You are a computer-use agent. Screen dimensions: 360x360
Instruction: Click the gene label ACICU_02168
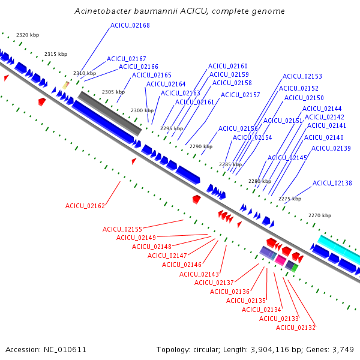click(130, 25)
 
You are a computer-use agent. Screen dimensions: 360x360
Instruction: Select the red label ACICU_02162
click(85, 206)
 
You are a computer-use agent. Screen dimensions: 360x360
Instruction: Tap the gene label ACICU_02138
click(332, 183)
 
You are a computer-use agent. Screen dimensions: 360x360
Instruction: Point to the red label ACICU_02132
click(295, 328)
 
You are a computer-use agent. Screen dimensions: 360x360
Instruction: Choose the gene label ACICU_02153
click(302, 76)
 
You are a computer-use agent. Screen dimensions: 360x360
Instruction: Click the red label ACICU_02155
click(122, 229)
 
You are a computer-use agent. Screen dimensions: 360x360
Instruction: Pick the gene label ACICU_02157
click(240, 95)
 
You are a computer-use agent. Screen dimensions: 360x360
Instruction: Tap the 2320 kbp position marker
click(28, 35)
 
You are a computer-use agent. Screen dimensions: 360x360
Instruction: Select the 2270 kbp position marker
click(320, 215)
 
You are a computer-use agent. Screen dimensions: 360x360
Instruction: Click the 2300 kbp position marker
click(142, 110)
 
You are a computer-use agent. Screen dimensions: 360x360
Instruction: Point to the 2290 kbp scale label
click(201, 146)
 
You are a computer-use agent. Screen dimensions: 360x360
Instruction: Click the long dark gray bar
click(110, 113)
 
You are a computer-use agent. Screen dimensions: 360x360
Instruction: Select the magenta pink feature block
click(281, 260)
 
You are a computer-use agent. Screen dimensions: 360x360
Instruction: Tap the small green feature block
click(295, 268)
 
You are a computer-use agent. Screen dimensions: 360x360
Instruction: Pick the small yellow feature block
click(65, 85)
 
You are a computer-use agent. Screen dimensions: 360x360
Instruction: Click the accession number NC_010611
click(65, 350)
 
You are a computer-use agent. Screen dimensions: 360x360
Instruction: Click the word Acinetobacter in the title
click(103, 11)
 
